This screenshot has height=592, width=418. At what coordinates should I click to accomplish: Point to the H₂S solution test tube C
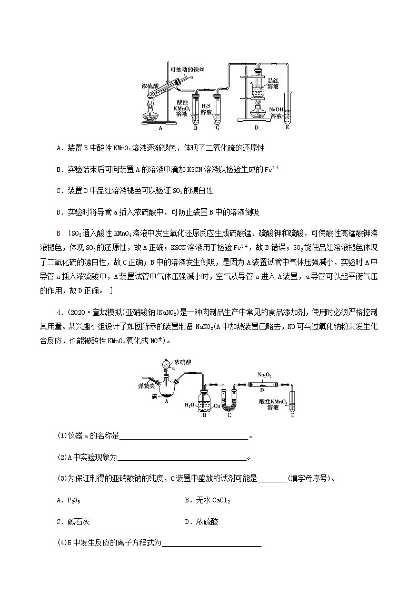tap(217, 109)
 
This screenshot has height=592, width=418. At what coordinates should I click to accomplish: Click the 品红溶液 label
tap(273, 83)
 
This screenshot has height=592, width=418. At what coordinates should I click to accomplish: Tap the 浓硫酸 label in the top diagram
tap(151, 85)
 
